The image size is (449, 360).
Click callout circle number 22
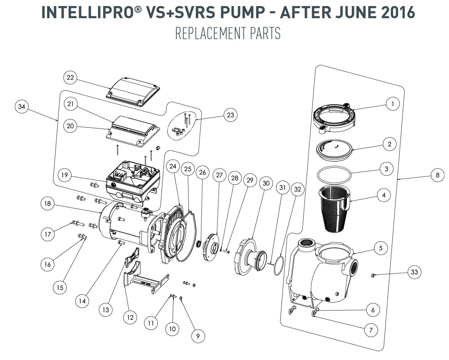coord(70,78)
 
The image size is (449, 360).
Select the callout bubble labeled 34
coord(21,107)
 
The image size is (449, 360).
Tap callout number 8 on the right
coord(437,175)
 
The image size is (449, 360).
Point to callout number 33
coord(414,272)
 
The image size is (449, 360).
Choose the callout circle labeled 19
coord(65,175)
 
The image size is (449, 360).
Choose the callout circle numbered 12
coord(130,317)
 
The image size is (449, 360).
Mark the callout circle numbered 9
coord(198,336)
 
